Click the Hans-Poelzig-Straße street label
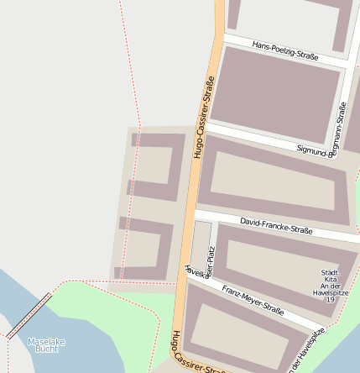pos(285,50)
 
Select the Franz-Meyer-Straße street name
pos(253,298)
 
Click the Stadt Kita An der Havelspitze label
pos(330,286)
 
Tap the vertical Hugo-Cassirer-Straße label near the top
pos(204,118)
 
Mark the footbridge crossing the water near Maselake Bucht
pos(29,315)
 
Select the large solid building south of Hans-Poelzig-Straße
pos(275,94)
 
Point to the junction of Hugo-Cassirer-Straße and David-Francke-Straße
pos(191,215)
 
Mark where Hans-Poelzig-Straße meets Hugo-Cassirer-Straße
pos(223,38)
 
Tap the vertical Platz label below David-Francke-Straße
pos(210,260)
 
